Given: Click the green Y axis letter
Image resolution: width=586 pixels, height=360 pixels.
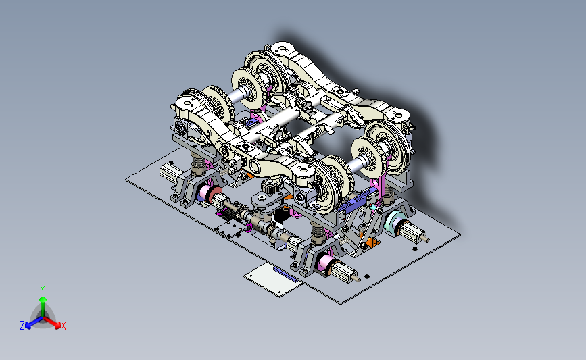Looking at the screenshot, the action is (43, 290).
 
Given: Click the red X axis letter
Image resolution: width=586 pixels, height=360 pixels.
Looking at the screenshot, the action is (63, 326).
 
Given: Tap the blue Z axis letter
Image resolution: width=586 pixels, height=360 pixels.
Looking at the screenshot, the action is (22, 326).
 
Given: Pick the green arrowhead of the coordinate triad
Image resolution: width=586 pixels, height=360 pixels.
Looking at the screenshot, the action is (43, 299).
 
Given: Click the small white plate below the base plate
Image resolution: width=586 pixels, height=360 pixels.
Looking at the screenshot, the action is (273, 280).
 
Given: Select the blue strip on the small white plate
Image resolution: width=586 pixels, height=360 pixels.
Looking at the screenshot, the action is (286, 274).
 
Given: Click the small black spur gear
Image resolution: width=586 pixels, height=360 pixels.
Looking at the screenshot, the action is (269, 186).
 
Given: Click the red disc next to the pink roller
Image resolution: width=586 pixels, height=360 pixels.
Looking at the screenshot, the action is (214, 195).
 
